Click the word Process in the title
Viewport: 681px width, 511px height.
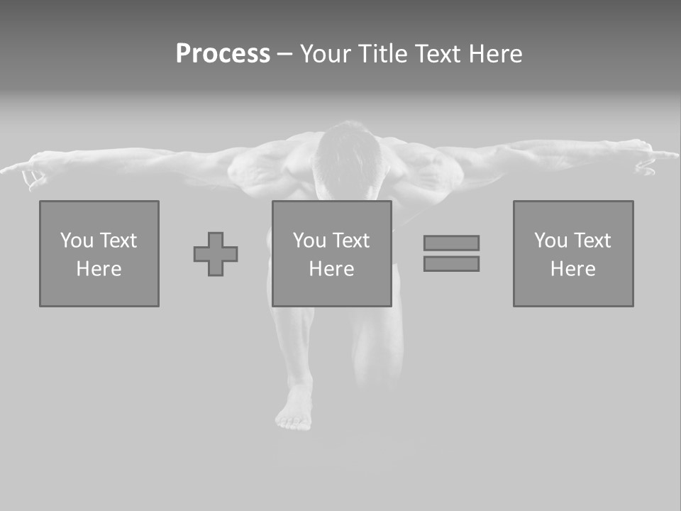223,54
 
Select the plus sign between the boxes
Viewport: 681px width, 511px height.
216,254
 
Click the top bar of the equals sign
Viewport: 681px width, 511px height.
451,243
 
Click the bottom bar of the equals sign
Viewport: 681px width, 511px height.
451,264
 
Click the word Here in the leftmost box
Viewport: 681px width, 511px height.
99,269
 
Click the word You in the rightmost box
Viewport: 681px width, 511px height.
550,241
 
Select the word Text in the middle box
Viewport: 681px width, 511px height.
351,241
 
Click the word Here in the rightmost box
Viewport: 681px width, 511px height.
573,269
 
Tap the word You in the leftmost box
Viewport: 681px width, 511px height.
77,241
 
